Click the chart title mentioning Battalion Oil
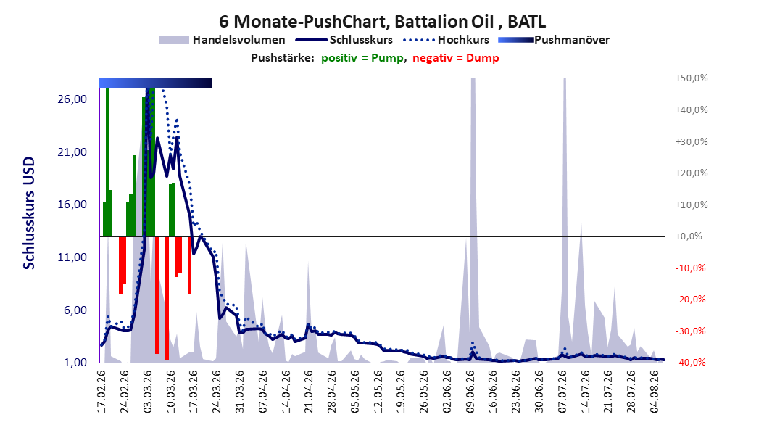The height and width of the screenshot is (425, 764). coord(382,22)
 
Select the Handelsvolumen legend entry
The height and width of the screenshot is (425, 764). coord(222,40)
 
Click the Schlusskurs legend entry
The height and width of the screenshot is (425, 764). coord(344,40)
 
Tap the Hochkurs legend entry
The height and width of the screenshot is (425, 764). coord(446,40)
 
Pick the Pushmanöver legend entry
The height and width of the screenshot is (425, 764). coord(554,40)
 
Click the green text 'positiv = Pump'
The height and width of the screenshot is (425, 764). coord(362,58)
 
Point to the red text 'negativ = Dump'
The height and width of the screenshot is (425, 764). coord(456,58)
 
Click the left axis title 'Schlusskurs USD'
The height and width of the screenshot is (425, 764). coord(29,213)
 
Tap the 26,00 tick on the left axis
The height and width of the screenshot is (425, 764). coord(72,99)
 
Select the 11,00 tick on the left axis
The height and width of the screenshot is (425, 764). coord(72,257)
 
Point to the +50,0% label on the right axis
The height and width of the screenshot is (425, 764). coord(692,78)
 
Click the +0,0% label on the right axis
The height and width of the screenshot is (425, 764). coord(689,236)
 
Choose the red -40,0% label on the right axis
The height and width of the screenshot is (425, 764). coord(690,363)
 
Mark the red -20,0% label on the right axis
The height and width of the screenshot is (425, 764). coord(690,300)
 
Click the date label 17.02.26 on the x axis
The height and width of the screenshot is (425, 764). coord(101,392)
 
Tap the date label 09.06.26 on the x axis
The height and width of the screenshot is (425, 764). coord(470,392)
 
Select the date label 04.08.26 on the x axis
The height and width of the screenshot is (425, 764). coord(655,392)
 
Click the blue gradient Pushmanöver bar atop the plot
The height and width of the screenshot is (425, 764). coord(156,83)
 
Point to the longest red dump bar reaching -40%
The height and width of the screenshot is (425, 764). coord(167,298)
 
